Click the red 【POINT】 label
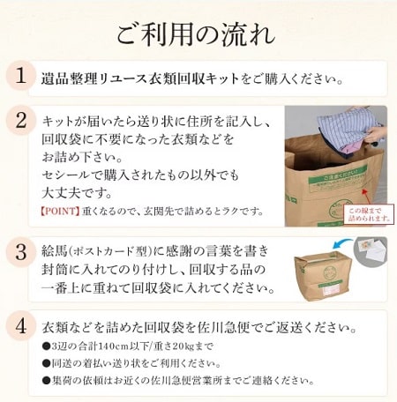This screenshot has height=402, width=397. click(x=59, y=211)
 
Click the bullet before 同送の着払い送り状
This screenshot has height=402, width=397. click(x=47, y=364)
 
